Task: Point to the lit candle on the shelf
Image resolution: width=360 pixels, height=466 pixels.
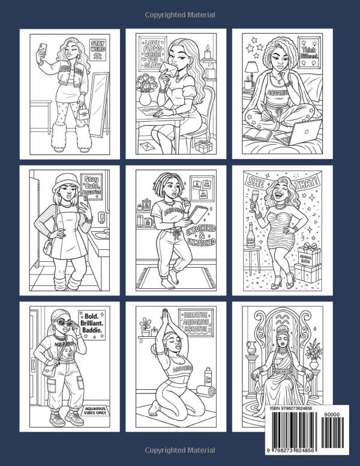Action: pos(208,54)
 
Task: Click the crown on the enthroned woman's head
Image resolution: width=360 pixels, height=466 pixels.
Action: pos(281,328)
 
